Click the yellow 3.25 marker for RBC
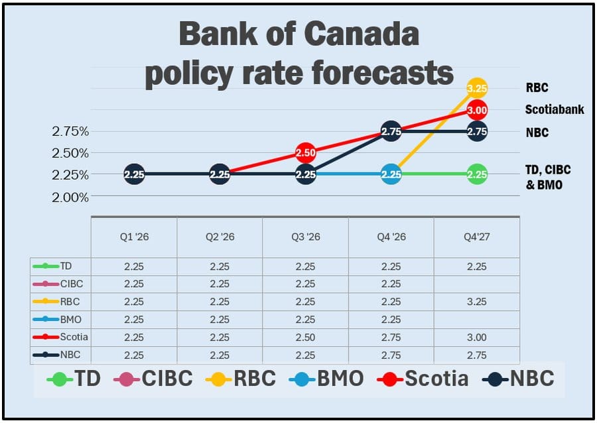click(x=477, y=88)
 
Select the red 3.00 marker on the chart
click(x=477, y=109)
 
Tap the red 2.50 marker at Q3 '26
click(x=305, y=152)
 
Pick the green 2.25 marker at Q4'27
click(x=477, y=174)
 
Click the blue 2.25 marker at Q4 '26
click(x=391, y=174)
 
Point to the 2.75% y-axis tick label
click(x=70, y=131)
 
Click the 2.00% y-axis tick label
click(x=70, y=197)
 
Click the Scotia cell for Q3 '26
click(x=305, y=337)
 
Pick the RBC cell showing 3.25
click(x=476, y=302)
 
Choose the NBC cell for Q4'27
click(x=476, y=355)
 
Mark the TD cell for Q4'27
click(x=476, y=267)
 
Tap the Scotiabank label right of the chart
click(x=555, y=109)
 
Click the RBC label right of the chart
click(x=537, y=87)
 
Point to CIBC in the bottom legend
click(x=166, y=379)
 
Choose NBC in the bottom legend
click(x=531, y=379)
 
